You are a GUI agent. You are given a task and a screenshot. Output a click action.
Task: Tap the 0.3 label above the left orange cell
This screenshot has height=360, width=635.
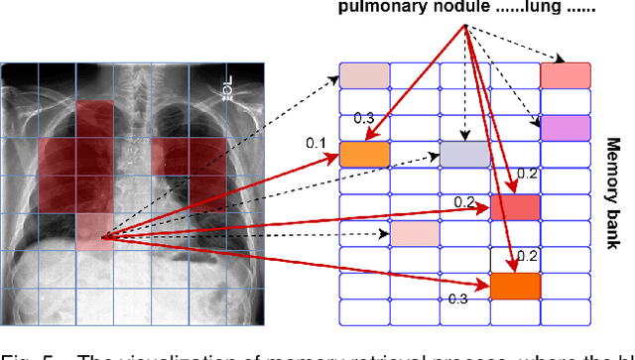pyautogui.click(x=364, y=119)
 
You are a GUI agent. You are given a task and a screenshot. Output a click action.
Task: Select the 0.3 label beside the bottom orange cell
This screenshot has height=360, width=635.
pyautogui.click(x=455, y=297)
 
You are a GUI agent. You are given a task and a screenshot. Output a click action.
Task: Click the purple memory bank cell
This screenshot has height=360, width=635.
pyautogui.click(x=565, y=127)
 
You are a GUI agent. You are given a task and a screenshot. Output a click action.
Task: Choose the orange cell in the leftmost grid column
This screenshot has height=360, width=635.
pyautogui.click(x=365, y=154)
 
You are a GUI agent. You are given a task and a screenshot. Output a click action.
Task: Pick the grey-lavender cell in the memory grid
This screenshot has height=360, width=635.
pyautogui.click(x=465, y=154)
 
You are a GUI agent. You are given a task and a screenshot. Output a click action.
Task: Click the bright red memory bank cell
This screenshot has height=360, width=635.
pyautogui.click(x=515, y=206)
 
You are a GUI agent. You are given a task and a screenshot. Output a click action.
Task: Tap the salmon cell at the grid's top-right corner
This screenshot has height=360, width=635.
pyautogui.click(x=565, y=75)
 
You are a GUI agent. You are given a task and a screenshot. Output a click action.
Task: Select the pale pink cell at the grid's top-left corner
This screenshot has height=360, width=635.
pyautogui.click(x=365, y=75)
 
